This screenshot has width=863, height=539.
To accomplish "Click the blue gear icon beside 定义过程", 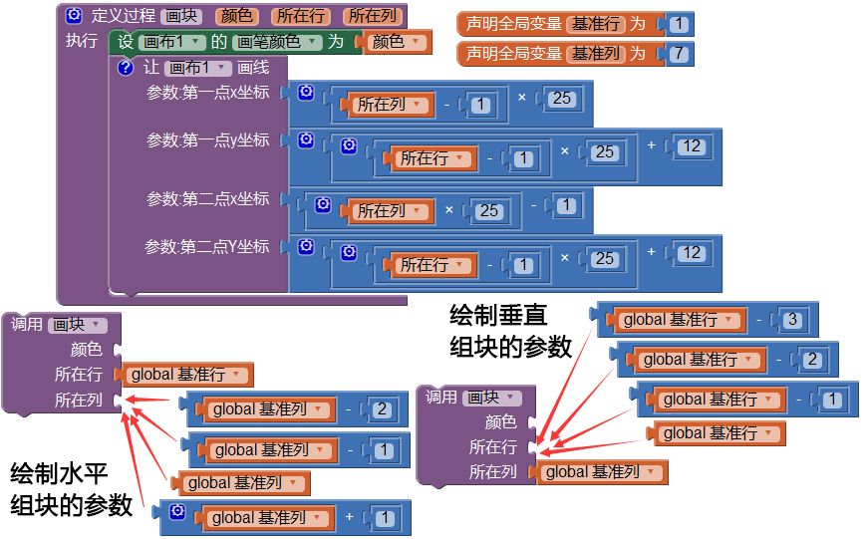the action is [74, 15].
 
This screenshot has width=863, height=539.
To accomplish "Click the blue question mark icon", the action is [126, 68].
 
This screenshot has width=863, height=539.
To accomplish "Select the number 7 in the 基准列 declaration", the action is [680, 54].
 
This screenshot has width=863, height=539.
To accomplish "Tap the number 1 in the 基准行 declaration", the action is [680, 24].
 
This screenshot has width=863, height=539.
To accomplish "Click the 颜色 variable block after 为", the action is [396, 42].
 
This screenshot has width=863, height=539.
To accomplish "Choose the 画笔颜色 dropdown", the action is [277, 42].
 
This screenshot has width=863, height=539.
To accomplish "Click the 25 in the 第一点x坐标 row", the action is [561, 99].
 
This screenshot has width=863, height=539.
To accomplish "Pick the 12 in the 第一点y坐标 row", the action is [692, 146].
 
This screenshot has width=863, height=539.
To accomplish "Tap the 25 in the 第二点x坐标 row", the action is [488, 210].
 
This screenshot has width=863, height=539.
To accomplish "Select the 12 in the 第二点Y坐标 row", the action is [692, 253].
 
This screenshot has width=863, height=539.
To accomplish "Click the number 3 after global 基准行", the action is [792, 320].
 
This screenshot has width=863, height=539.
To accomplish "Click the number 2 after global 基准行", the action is [812, 360].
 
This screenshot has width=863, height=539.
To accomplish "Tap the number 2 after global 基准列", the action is [382, 409].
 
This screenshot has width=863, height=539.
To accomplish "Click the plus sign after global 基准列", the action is [349, 517].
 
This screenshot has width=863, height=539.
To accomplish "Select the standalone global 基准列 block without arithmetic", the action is [241, 483].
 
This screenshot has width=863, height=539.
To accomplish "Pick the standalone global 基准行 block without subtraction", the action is [717, 433].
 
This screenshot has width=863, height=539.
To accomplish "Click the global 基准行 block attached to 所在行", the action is [184, 375].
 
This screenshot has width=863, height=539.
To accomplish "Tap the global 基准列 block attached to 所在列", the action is [599, 472].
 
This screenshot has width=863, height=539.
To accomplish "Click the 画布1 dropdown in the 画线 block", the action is [198, 68].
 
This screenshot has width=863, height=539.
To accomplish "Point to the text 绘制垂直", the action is [498, 316].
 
